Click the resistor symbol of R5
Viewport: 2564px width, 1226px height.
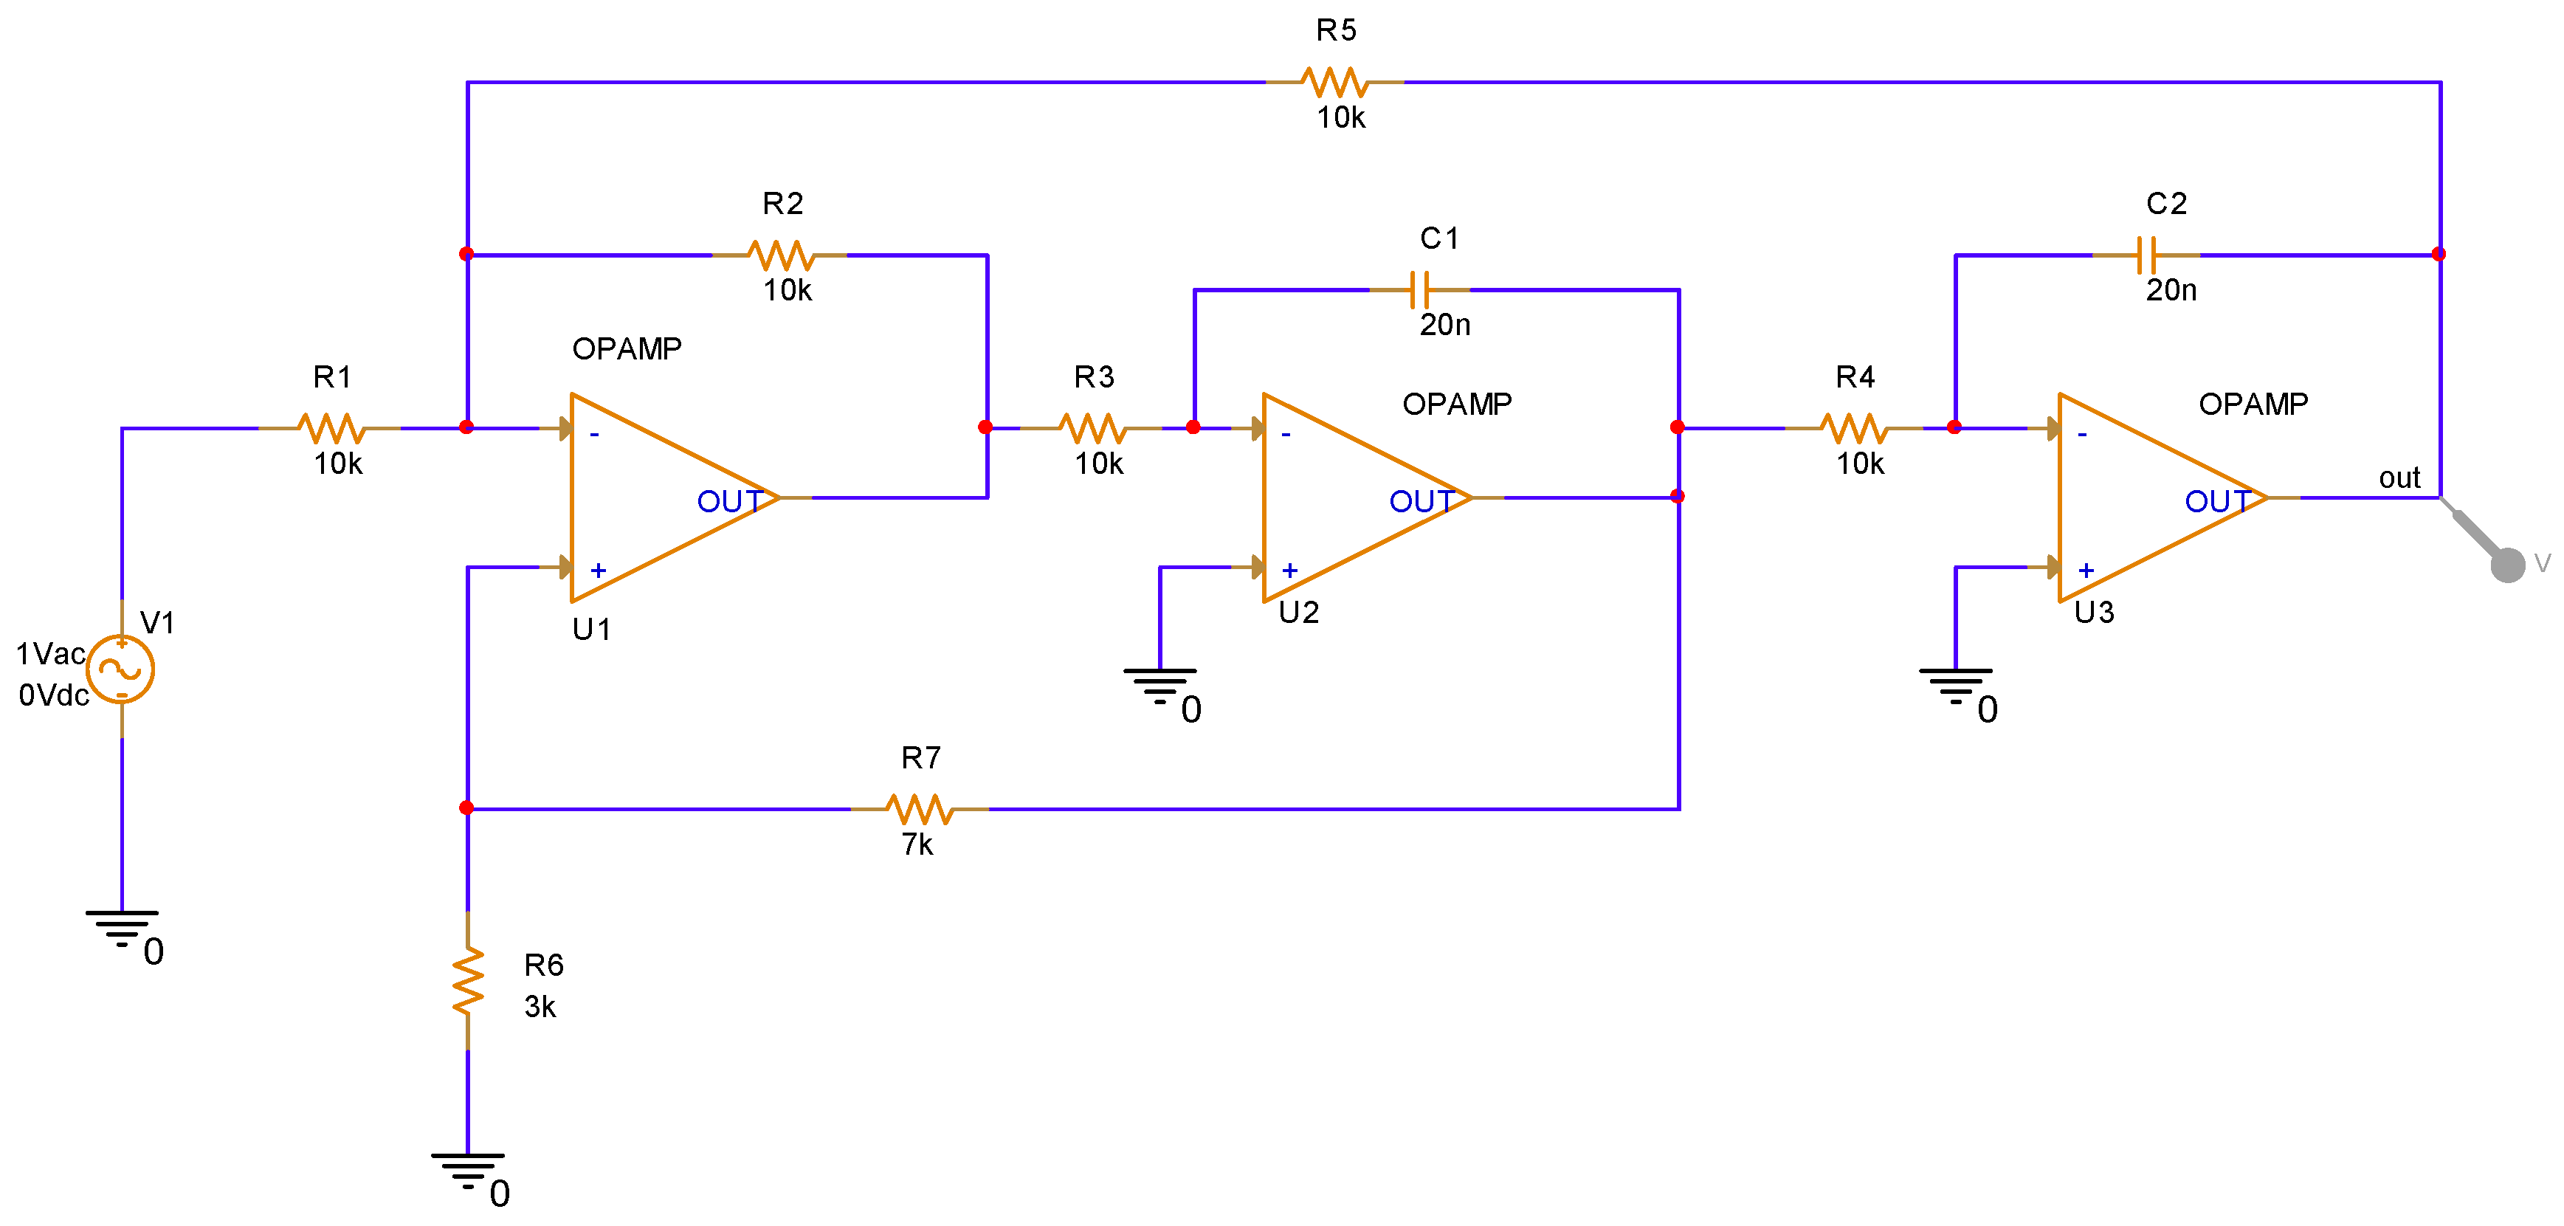[1334, 83]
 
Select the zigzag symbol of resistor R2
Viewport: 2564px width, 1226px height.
[782, 255]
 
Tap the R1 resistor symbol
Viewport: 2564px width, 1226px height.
[331, 429]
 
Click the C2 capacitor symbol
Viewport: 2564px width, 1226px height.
[2146, 255]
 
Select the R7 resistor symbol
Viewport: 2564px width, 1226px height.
[919, 809]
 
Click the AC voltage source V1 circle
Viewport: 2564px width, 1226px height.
[120, 669]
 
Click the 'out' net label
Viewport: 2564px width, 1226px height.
[2398, 478]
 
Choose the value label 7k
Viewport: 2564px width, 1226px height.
[917, 845]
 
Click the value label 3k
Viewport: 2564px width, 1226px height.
[540, 1007]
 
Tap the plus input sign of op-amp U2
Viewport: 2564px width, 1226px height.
[1290, 571]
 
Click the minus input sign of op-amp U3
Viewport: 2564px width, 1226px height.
[2081, 435]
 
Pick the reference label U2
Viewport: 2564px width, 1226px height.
[1298, 612]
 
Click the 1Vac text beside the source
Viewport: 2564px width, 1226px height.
[49, 654]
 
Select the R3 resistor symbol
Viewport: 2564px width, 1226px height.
[1093, 429]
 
